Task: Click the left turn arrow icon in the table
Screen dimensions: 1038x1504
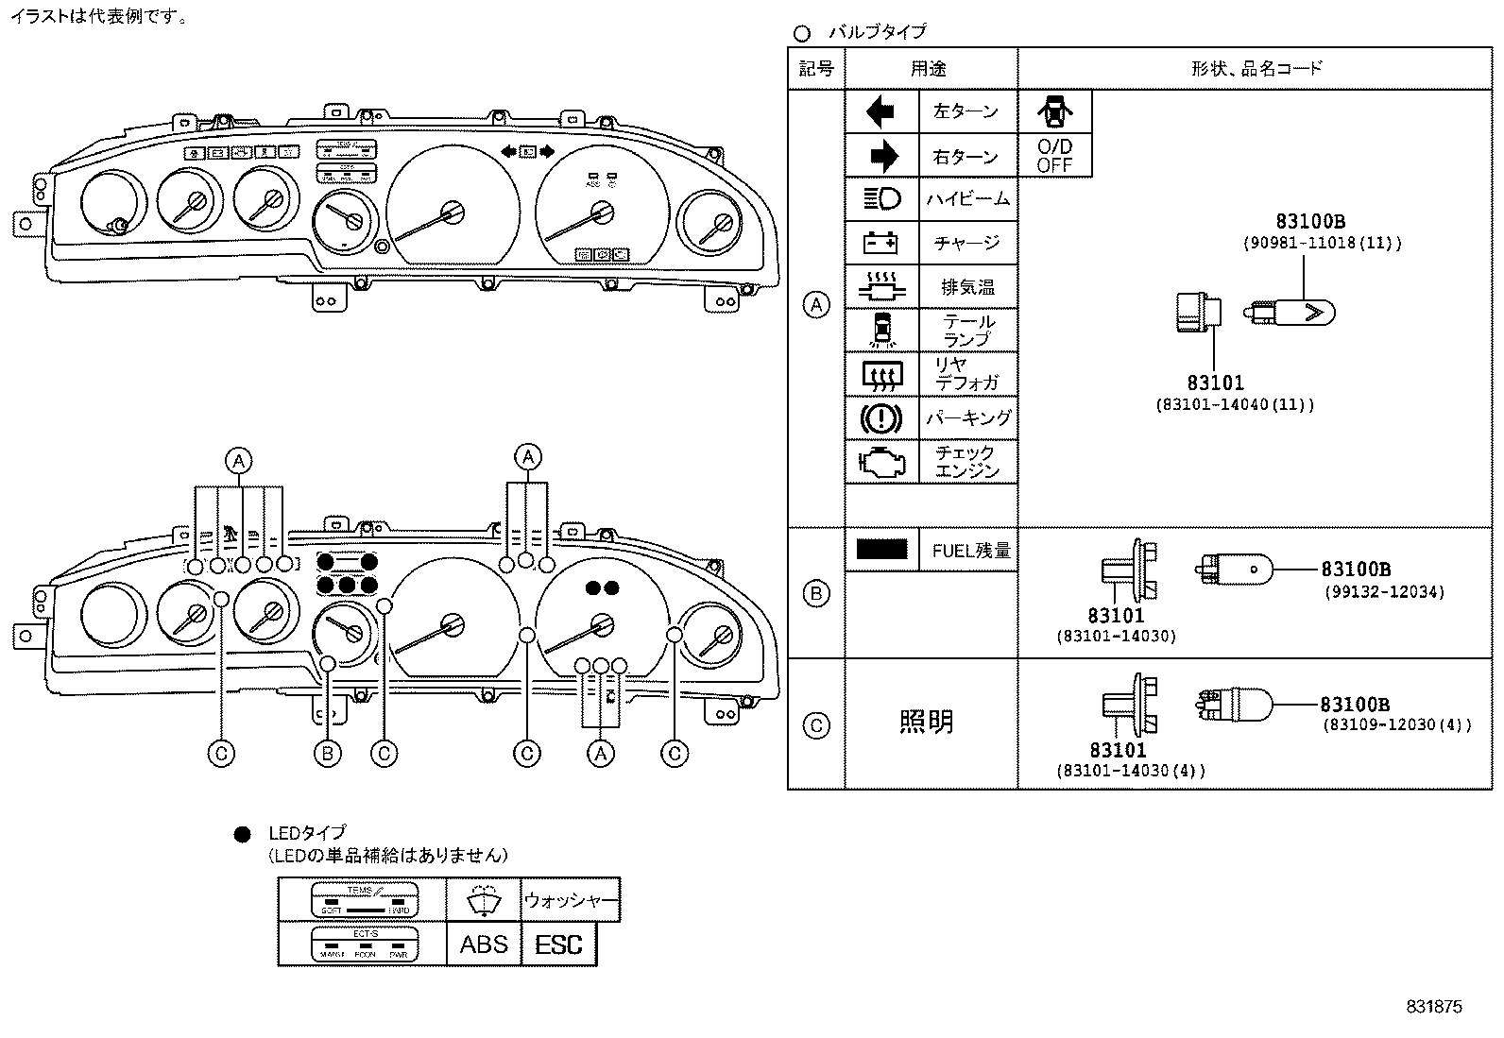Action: coord(880,112)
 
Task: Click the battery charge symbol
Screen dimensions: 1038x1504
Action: coord(881,244)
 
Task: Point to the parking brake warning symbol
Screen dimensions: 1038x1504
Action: coord(881,417)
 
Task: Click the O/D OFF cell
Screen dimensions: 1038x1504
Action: coord(1054,156)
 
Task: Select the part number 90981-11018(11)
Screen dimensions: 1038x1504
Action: coord(1322,243)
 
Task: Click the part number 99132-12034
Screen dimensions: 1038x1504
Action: coord(1383,592)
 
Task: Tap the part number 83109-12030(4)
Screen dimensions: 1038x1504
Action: coord(1395,725)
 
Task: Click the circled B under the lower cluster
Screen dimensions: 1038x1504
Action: coord(327,753)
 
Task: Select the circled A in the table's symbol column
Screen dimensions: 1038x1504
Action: coord(815,305)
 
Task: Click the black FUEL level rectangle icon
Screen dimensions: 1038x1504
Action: coord(881,549)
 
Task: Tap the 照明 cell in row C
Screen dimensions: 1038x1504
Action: coord(926,723)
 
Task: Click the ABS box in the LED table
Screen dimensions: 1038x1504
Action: coord(484,944)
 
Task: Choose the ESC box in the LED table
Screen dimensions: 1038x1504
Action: coord(558,944)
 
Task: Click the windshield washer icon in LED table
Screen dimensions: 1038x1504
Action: coord(484,900)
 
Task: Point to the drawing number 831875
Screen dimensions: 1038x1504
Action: coord(1433,1007)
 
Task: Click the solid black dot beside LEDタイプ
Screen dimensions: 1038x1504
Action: coord(243,834)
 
